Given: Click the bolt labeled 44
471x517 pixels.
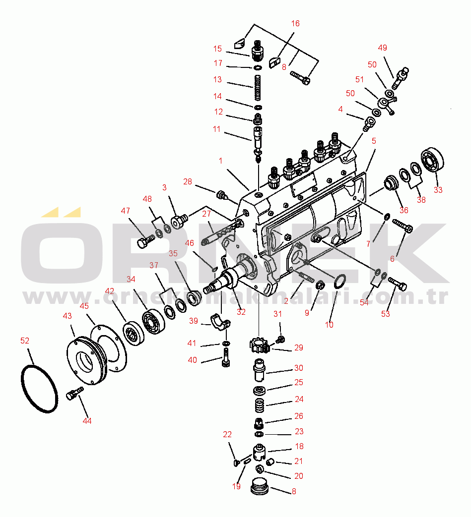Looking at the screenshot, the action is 74,394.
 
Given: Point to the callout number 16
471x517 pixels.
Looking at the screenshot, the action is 295,23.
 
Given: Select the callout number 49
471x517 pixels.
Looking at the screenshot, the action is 382,48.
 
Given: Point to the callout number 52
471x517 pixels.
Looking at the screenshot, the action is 25,341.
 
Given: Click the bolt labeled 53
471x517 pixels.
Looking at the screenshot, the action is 398,284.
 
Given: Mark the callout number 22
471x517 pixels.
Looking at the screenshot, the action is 227,434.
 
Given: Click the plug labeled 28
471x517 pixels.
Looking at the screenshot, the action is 221,194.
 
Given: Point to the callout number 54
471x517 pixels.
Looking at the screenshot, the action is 364,302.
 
